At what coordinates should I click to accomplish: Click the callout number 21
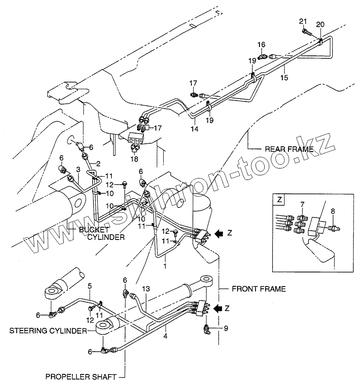[302, 22]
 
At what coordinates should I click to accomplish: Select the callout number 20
[320, 24]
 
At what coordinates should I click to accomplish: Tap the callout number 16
[262, 45]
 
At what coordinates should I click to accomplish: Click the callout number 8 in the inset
[333, 211]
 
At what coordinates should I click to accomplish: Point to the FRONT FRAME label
[259, 289]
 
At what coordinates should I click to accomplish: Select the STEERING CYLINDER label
[47, 331]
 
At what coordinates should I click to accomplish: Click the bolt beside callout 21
[306, 32]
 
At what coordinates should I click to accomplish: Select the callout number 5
[90, 287]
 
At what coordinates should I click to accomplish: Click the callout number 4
[166, 336]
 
